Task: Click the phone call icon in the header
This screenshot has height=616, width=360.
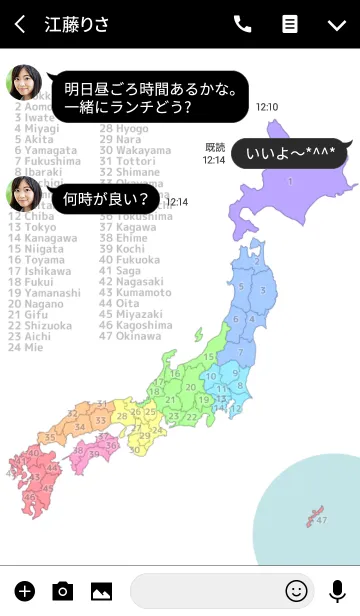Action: pos(242,24)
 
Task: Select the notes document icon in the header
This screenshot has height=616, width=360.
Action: pos(290,24)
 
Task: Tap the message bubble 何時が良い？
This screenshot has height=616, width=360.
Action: pos(105,199)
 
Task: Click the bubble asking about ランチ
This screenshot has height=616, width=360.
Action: pos(150,97)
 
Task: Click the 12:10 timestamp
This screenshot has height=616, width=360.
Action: pos(267,106)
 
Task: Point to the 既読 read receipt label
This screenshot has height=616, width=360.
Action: pos(215,147)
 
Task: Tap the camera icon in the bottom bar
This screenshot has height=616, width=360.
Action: pos(63,590)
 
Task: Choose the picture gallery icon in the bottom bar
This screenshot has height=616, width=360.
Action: pos(101,590)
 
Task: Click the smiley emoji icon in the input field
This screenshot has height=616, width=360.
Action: pos(295,590)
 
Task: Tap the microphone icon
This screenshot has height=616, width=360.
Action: pos(337,590)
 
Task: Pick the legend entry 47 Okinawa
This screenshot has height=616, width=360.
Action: pos(131,337)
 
